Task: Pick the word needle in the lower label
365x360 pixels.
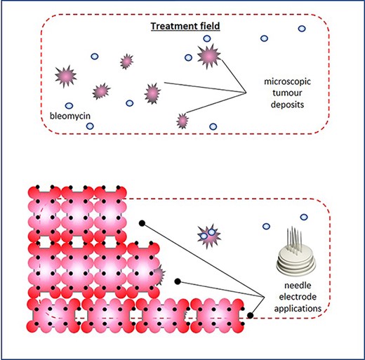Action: pos(298,286)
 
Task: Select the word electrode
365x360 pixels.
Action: pos(298,296)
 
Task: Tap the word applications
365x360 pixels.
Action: pos(298,307)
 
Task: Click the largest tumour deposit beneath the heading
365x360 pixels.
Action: pos(208,55)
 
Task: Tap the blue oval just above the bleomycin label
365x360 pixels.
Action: pos(69,106)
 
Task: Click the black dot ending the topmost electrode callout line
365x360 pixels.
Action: pos(142,222)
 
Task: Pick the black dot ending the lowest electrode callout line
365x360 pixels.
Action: pos(250,315)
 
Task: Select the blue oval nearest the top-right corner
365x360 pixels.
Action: pos(302,29)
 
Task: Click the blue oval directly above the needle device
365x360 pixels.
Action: pos(303,218)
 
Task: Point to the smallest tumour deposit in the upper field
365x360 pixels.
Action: pos(182,121)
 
